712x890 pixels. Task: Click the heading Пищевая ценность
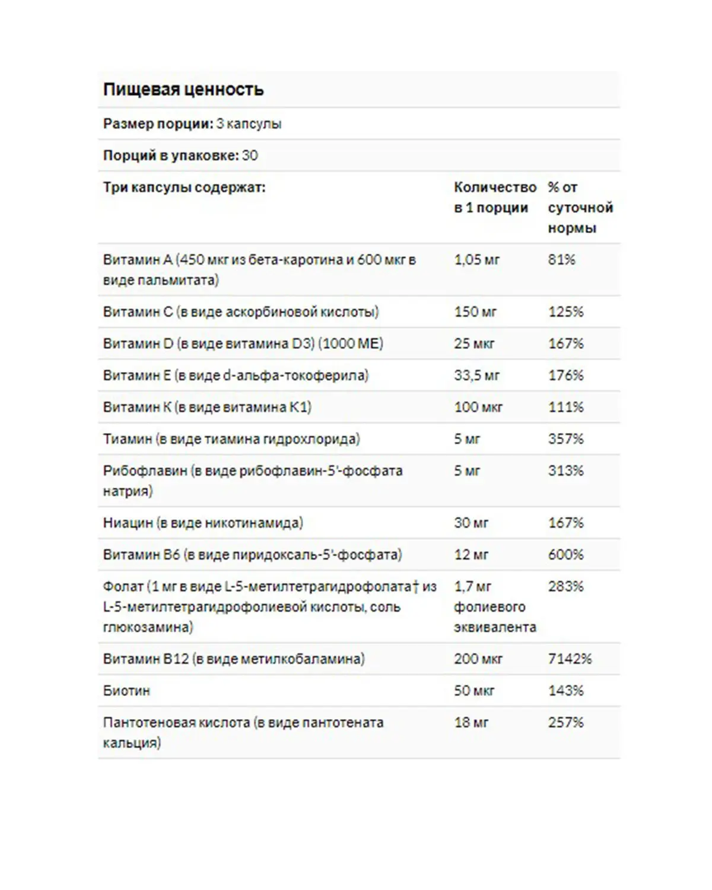183,90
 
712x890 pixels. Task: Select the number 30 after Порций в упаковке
250,155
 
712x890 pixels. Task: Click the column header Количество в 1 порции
494,198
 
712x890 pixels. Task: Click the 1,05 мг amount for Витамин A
476,260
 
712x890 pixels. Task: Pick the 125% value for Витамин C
565,312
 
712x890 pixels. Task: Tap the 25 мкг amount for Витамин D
474,344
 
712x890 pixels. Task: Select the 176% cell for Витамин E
565,376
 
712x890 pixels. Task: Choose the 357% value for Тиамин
565,439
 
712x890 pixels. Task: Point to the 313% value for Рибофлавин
565,471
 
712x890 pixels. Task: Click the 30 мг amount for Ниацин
471,523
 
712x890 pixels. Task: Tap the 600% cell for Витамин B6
565,555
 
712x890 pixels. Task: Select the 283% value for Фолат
565,587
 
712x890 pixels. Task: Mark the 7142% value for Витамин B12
570,659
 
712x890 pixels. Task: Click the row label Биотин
126,691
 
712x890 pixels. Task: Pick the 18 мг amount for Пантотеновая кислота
471,723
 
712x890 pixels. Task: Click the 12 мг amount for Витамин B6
471,555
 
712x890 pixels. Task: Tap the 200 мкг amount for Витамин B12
478,659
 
